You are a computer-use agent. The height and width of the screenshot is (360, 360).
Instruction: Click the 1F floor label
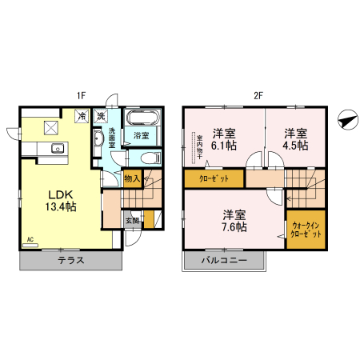81,96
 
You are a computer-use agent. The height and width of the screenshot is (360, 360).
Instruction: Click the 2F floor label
258,96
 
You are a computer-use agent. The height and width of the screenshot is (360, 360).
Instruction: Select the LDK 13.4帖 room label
59,200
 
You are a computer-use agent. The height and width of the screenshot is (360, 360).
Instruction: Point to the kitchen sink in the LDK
57,147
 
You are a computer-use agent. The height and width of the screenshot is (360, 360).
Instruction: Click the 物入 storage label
133,178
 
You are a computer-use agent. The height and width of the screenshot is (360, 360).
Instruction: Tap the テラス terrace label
71,261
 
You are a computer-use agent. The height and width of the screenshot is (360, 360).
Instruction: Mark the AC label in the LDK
30,239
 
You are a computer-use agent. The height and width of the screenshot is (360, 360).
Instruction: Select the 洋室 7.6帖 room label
234,221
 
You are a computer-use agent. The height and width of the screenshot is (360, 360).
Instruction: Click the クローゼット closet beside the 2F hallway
213,178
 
